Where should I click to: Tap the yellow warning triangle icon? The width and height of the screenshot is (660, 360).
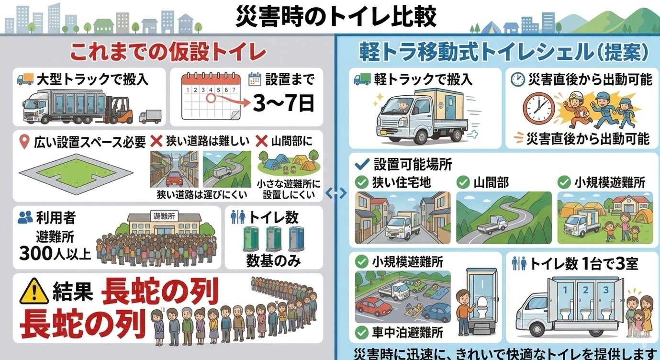pyautogui.click(x=34, y=292)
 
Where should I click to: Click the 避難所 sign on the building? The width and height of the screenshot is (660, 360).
pyautogui.click(x=164, y=216)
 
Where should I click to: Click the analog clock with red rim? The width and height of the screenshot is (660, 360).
pyautogui.click(x=538, y=108)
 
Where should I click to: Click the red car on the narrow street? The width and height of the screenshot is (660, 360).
pyautogui.click(x=174, y=180)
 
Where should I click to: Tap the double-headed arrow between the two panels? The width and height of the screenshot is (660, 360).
pyautogui.click(x=336, y=193)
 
